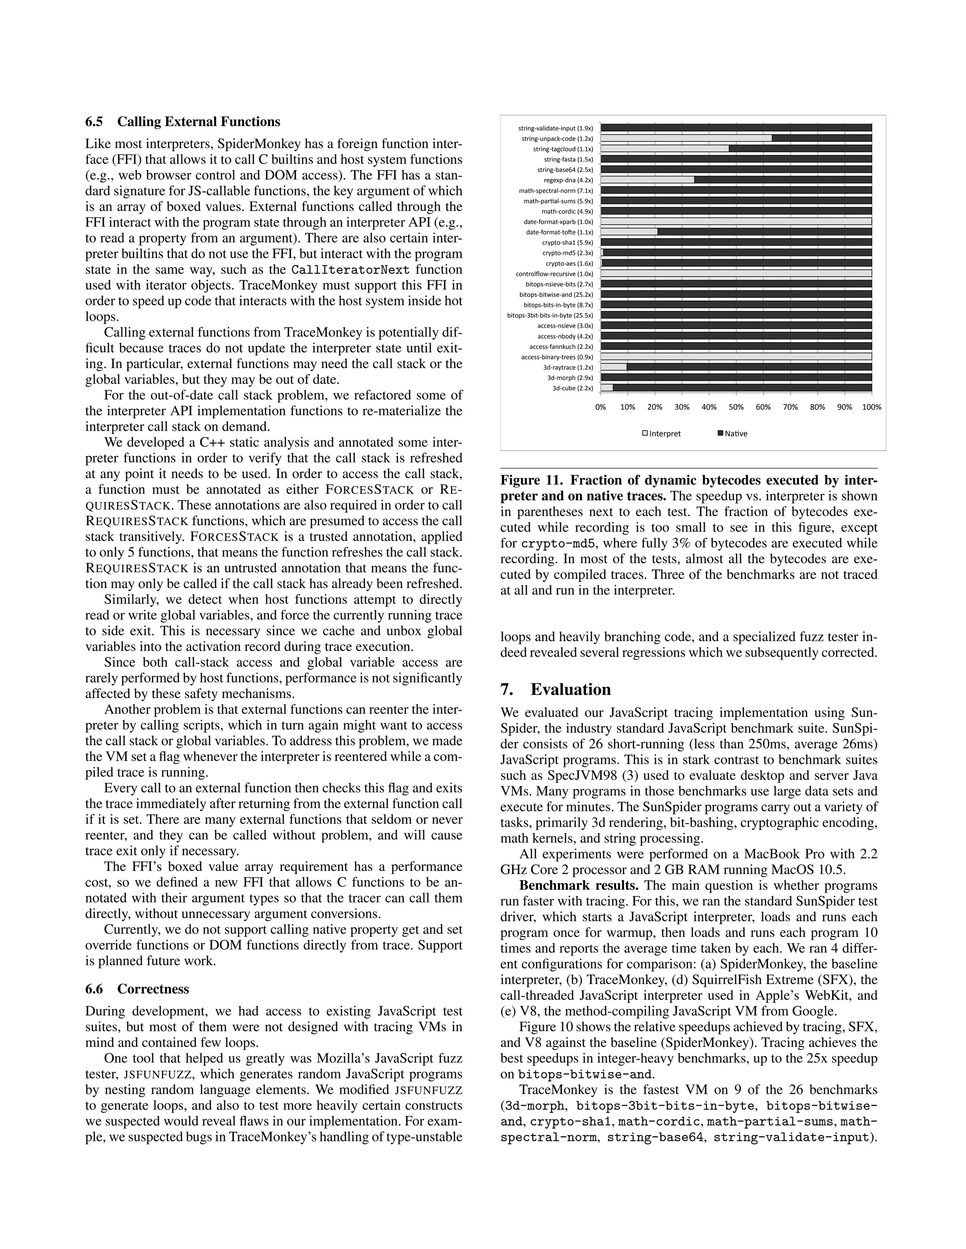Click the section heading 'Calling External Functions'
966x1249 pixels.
click(x=199, y=122)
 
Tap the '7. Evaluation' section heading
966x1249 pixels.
click(x=555, y=689)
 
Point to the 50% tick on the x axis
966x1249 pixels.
click(x=736, y=407)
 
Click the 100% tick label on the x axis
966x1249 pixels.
click(x=872, y=407)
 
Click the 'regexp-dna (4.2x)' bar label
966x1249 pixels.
click(x=568, y=180)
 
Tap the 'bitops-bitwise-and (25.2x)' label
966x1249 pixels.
click(x=556, y=295)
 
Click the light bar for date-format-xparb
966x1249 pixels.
click(x=736, y=222)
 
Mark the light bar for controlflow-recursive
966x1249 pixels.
click(x=736, y=273)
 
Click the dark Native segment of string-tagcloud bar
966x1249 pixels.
click(x=800, y=148)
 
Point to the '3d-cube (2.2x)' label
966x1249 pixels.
click(x=572, y=388)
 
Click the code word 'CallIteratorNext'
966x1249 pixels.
click(x=350, y=270)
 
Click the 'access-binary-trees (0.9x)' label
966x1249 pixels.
click(x=557, y=357)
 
